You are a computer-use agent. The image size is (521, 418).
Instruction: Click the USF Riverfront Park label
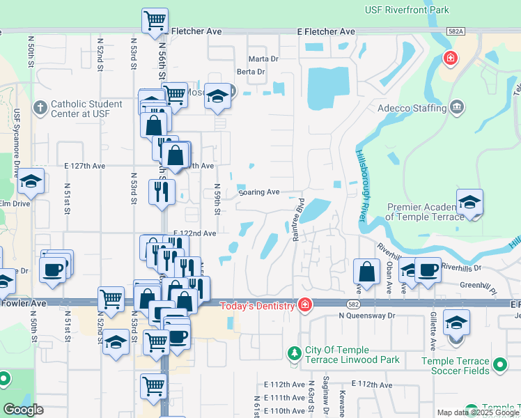click(x=407, y=10)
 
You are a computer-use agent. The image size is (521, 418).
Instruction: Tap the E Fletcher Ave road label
click(x=325, y=32)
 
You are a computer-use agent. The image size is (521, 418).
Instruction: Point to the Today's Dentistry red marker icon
click(x=304, y=304)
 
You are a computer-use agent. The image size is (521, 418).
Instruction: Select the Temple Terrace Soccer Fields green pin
click(x=499, y=365)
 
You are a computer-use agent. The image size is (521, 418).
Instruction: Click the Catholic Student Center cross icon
click(x=40, y=108)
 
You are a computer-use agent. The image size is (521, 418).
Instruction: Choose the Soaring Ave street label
click(x=258, y=192)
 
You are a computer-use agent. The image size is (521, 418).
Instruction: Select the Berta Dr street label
click(x=251, y=72)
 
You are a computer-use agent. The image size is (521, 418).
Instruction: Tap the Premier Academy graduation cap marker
click(x=470, y=202)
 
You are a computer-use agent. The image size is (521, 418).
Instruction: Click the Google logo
click(x=24, y=410)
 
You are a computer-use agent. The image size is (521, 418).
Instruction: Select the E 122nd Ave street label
click(x=194, y=233)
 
